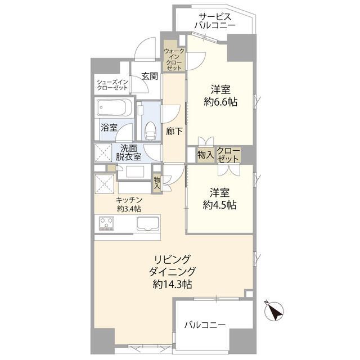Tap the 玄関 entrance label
148,76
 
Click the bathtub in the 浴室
114,107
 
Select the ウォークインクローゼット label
174,58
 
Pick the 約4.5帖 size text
220,205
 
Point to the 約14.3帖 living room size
171,285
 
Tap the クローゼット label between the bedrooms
228,155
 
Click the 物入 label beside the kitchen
157,182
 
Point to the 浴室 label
109,127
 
